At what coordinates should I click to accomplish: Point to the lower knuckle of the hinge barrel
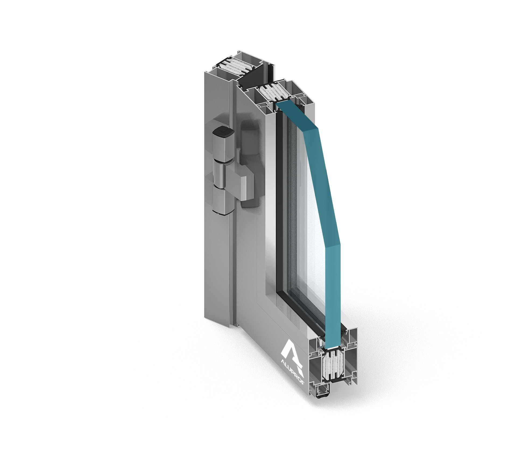[223, 201]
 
